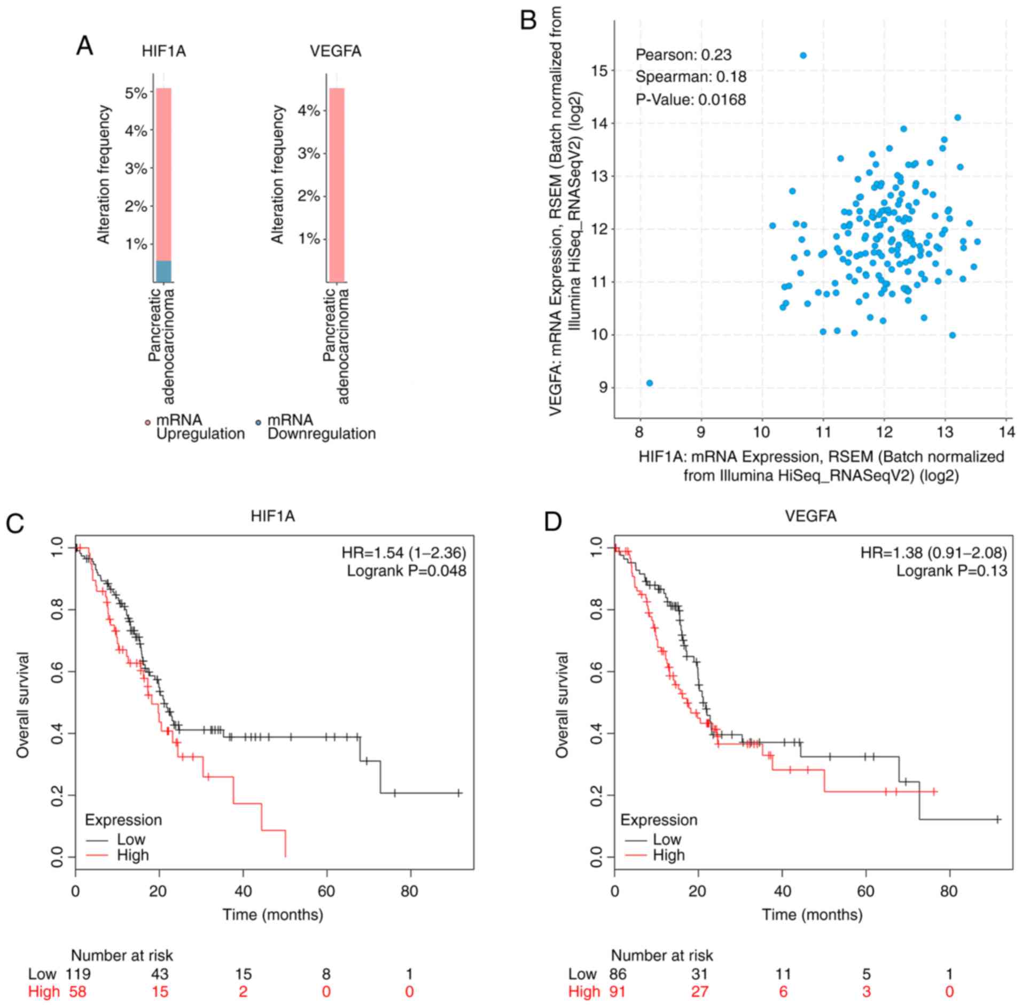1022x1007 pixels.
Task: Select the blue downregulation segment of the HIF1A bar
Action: [x=163, y=271]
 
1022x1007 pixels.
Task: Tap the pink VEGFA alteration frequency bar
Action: [x=337, y=184]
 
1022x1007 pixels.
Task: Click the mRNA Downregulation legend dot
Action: [x=258, y=423]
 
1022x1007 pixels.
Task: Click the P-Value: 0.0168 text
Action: [x=690, y=99]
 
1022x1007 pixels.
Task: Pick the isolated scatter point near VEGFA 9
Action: [x=649, y=383]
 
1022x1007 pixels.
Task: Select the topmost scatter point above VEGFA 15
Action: [x=802, y=56]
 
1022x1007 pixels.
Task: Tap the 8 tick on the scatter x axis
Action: [x=640, y=432]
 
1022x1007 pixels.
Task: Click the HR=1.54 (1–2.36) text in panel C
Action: [x=404, y=552]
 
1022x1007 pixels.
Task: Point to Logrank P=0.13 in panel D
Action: [x=951, y=571]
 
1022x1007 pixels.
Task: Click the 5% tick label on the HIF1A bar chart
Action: [x=136, y=94]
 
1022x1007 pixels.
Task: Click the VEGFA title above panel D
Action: [x=810, y=516]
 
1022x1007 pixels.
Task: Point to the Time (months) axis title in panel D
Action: [x=812, y=915]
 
